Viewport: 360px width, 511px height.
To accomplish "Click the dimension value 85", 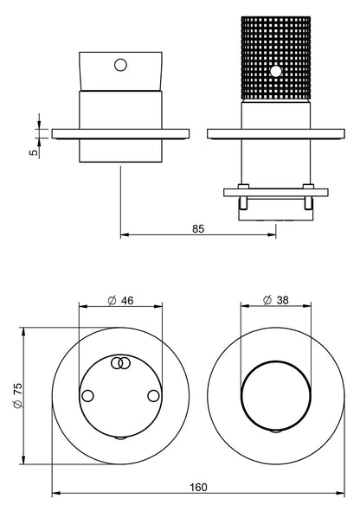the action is [x=198, y=229].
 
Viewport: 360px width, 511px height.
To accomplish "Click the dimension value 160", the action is [x=198, y=487].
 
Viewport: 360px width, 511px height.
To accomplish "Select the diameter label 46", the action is [x=127, y=301].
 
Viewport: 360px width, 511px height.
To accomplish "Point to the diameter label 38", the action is [x=282, y=300].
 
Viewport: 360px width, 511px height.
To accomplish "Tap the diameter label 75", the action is [x=17, y=389].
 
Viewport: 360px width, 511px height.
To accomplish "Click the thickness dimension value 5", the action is [x=34, y=153].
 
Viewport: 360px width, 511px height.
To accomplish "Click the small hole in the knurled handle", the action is [x=277, y=72].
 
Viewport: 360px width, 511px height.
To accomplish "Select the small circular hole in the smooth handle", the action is [x=120, y=65].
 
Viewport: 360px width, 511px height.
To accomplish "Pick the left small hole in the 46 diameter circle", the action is [x=87, y=396].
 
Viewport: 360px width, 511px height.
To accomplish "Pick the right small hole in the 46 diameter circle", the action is [x=153, y=396].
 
